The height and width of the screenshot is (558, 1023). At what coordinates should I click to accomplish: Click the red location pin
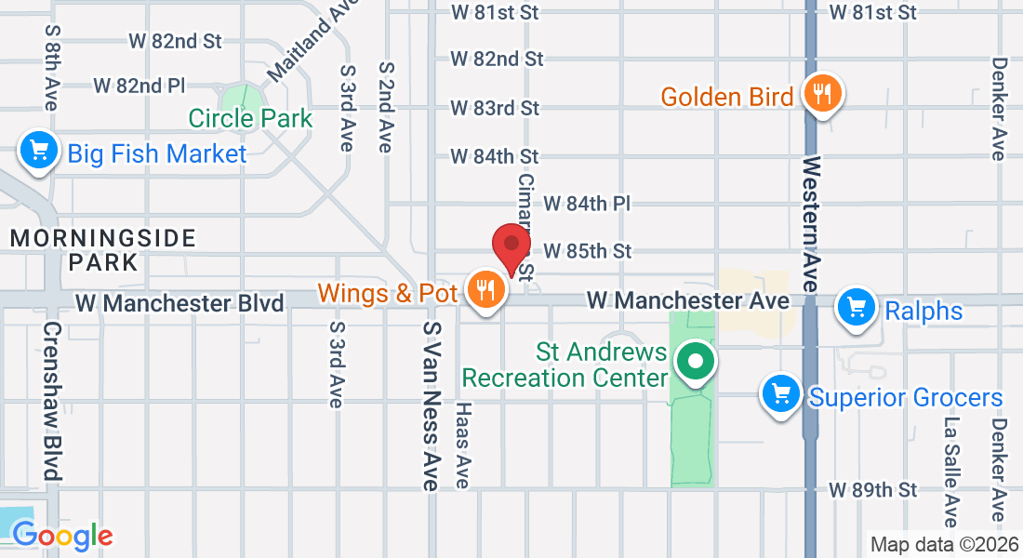click(511, 245)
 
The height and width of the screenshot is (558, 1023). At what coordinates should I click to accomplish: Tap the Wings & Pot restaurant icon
click(485, 291)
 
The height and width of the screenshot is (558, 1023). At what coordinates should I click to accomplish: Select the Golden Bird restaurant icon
click(821, 94)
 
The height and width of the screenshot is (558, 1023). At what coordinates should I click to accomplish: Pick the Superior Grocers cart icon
click(781, 394)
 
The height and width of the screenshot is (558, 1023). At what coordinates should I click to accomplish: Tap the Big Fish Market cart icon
click(39, 150)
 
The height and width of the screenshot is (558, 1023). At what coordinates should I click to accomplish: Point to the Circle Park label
click(250, 119)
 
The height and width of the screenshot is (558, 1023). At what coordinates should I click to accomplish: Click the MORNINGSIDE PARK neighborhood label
click(102, 249)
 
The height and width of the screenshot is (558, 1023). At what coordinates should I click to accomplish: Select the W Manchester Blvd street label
click(179, 303)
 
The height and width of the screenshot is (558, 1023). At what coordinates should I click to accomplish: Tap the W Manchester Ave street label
click(687, 301)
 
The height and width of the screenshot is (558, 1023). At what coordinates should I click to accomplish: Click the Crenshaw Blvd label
click(52, 401)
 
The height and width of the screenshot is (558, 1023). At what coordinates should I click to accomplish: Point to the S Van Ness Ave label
click(430, 405)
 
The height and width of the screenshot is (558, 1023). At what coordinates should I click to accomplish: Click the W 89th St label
click(873, 489)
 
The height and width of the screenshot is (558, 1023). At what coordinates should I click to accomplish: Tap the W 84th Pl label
click(587, 203)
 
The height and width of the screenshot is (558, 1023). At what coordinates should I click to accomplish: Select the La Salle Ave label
click(950, 471)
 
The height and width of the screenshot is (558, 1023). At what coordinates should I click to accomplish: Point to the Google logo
click(62, 536)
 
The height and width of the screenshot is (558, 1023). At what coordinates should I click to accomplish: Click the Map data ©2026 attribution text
click(944, 544)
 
